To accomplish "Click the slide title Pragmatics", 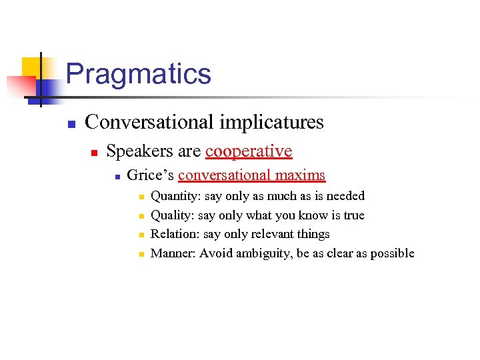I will click(138, 74).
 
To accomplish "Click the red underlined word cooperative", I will click(249, 151).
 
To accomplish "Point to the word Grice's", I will click(150, 175).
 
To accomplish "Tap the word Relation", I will click(172, 234).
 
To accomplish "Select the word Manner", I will click(171, 253).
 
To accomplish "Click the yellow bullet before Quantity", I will click(141, 197).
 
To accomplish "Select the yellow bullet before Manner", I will click(141, 255).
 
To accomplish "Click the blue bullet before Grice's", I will click(117, 177).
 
